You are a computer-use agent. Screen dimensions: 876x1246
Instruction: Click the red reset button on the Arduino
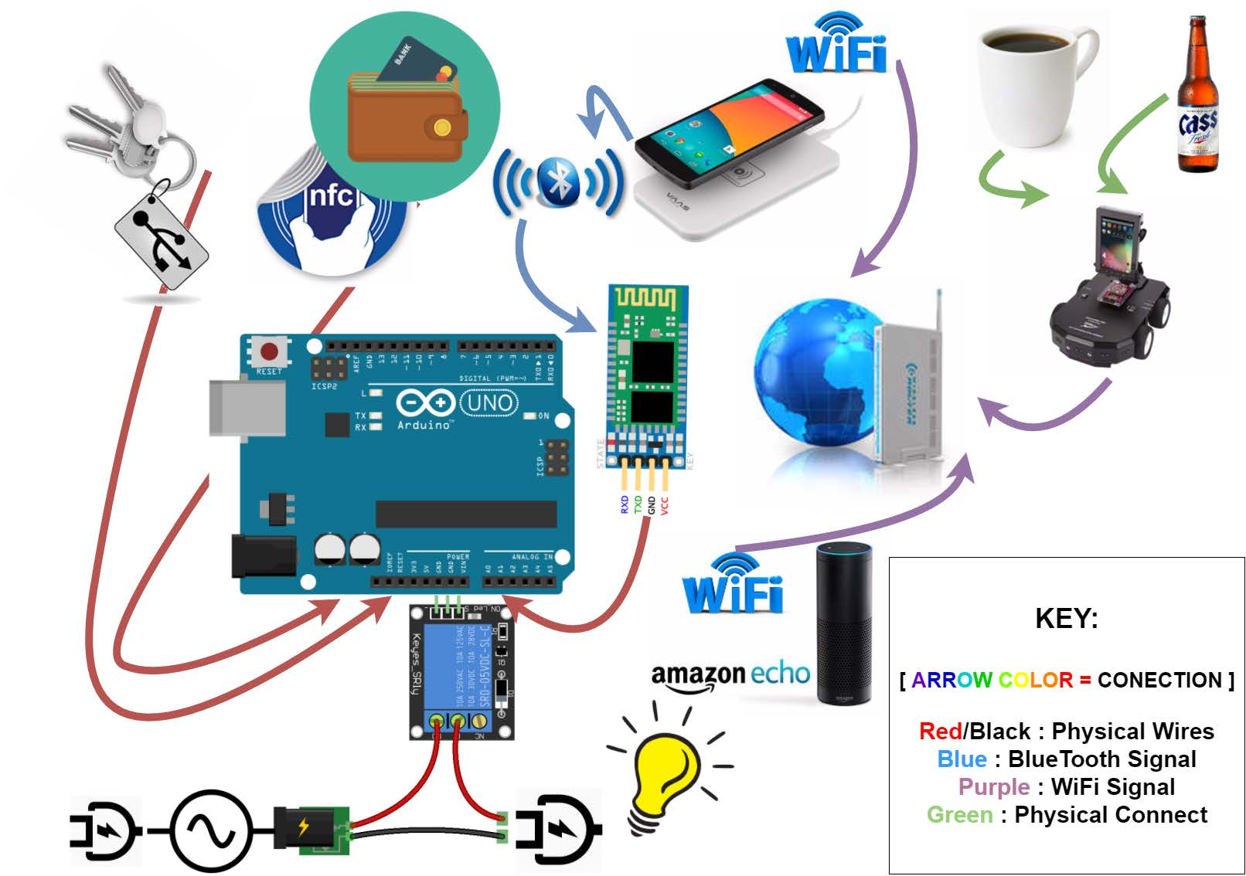[x=269, y=353]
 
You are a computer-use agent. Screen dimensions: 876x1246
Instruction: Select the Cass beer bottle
[x=1197, y=97]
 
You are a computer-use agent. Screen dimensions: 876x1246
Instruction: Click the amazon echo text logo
[x=730, y=676]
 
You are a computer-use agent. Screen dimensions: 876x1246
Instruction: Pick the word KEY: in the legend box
[x=1067, y=619]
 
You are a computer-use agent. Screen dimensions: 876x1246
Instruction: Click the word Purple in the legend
[x=993, y=787]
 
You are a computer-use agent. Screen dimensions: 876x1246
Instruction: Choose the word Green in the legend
[x=959, y=815]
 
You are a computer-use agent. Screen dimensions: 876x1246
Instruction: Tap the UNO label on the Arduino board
[x=489, y=402]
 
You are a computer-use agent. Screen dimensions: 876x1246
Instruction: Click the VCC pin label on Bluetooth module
[x=665, y=506]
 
